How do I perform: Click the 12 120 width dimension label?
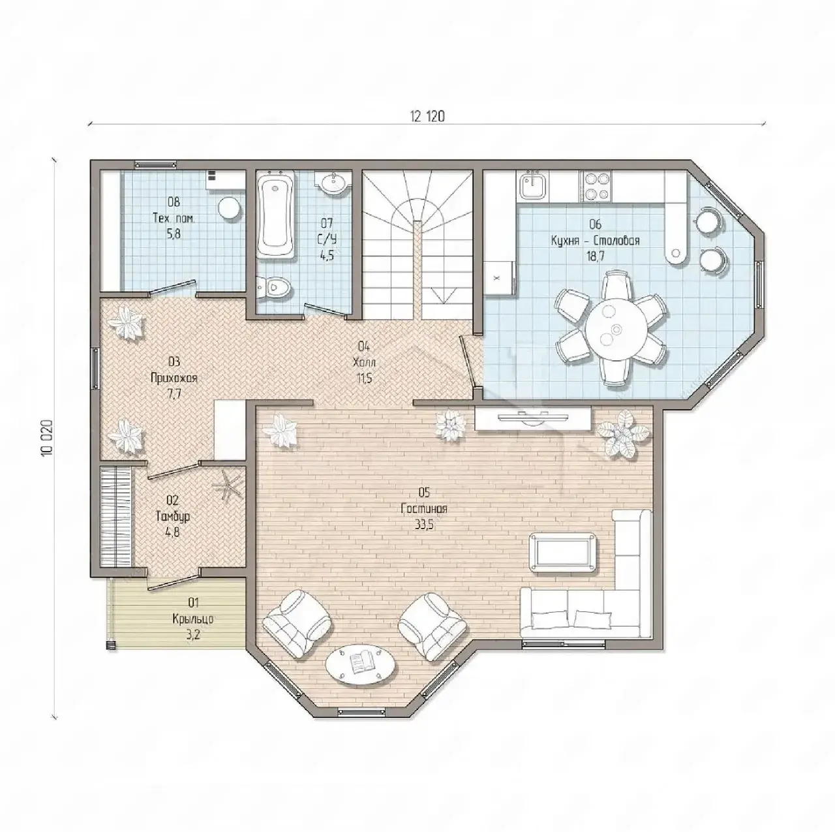click(427, 116)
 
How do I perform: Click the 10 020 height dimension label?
click(47, 437)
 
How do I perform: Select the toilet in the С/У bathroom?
click(273, 286)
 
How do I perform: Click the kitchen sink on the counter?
click(532, 184)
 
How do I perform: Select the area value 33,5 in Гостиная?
click(424, 525)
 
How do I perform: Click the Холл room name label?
click(364, 362)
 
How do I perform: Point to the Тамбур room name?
click(172, 517)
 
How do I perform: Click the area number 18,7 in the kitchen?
click(596, 256)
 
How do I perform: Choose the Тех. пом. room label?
click(174, 218)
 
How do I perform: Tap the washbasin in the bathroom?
click(334, 182)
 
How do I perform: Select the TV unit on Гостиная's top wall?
click(532, 418)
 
